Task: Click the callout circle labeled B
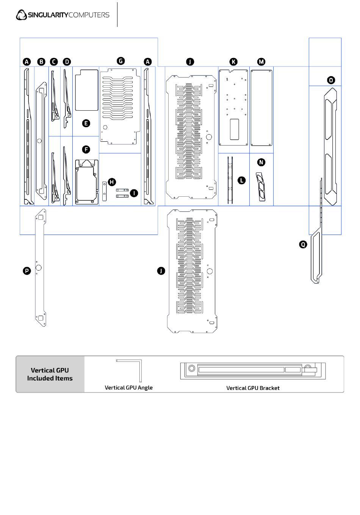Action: point(41,62)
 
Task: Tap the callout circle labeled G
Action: point(121,61)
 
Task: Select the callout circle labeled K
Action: point(233,62)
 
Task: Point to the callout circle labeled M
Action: point(261,62)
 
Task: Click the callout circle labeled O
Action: point(331,80)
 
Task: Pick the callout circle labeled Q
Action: point(303,244)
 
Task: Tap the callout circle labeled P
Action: point(27,271)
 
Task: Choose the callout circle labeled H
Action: point(112,182)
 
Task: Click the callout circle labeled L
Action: point(241,180)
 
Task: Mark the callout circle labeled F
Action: point(86,150)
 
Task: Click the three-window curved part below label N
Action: point(261,186)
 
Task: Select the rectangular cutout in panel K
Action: point(234,129)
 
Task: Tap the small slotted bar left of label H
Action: point(104,191)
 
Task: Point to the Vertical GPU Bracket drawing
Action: point(253,371)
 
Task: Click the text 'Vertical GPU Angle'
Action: point(129,388)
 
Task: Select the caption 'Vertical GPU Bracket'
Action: point(253,388)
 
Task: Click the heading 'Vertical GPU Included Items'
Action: point(50,374)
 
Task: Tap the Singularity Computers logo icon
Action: point(21,15)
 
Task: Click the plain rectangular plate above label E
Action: point(87,90)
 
